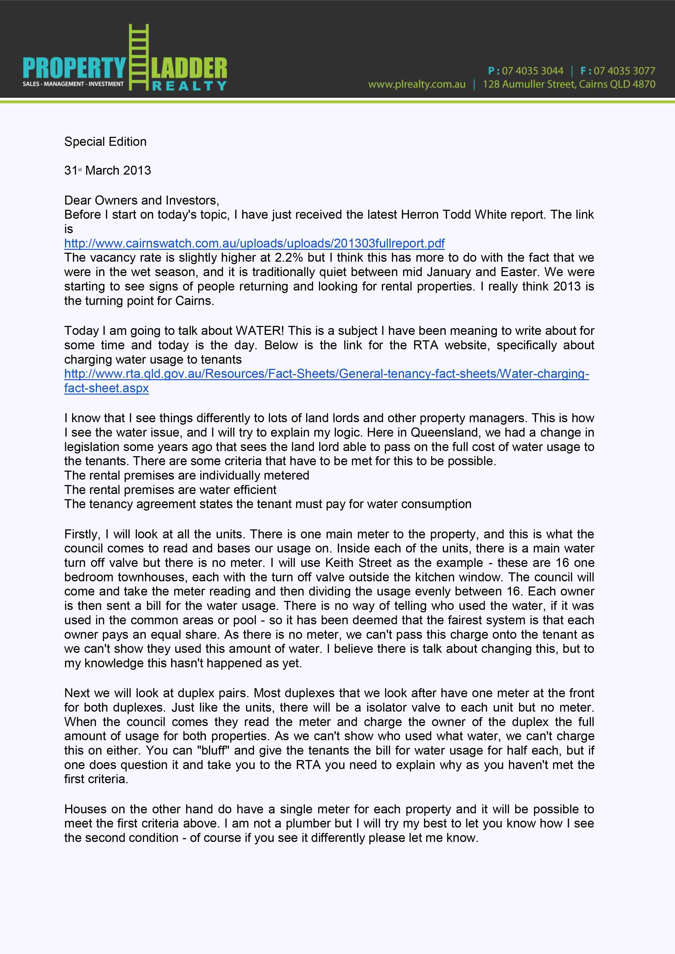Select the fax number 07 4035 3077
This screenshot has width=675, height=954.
click(624, 71)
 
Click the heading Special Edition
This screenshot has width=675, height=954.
click(105, 142)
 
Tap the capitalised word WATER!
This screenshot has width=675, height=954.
click(260, 331)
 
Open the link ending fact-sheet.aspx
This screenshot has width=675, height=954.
click(106, 388)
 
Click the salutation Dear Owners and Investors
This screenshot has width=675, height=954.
click(141, 200)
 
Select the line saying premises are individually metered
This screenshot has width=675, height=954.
click(187, 475)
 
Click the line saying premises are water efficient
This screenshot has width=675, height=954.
click(170, 490)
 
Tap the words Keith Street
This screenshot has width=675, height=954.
click(358, 563)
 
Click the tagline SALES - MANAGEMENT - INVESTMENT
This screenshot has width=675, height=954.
click(73, 84)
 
